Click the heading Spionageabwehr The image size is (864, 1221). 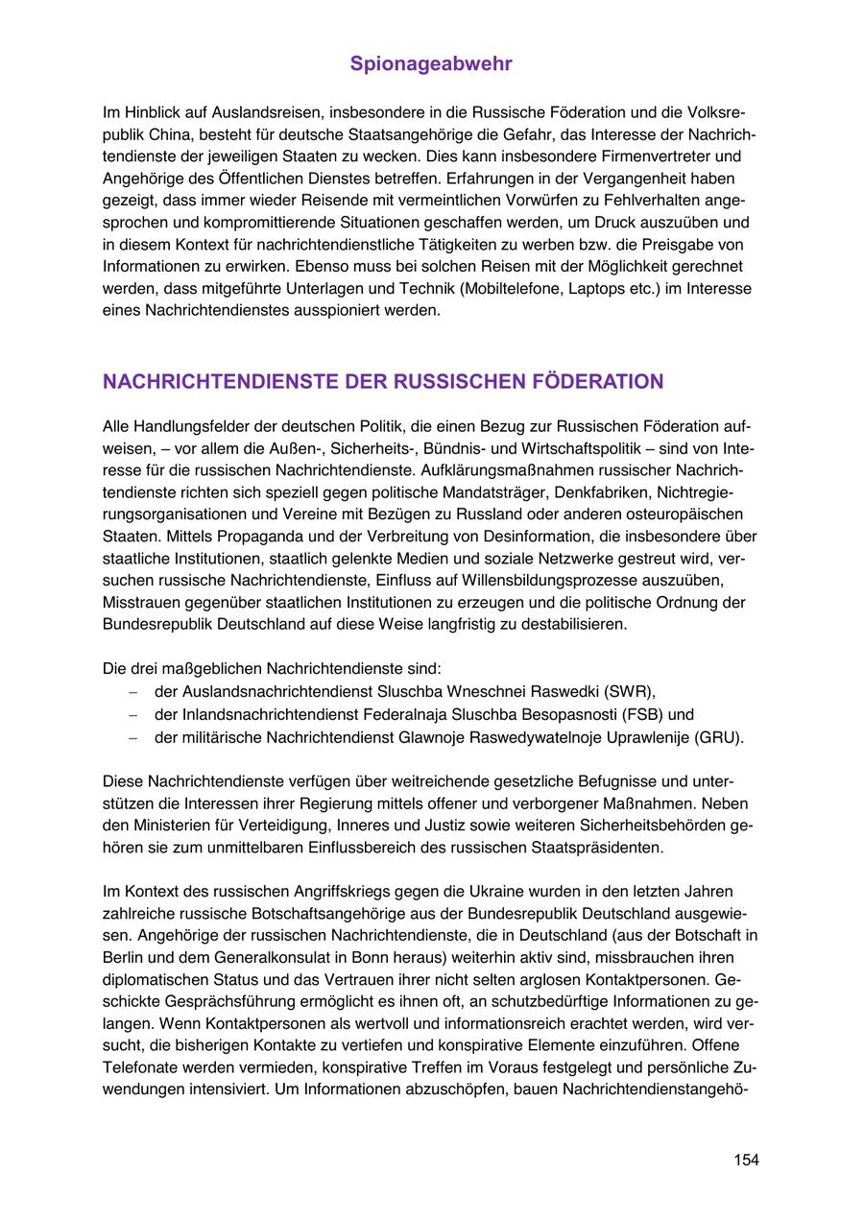pos(431,64)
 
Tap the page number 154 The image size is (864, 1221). pos(746,1161)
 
